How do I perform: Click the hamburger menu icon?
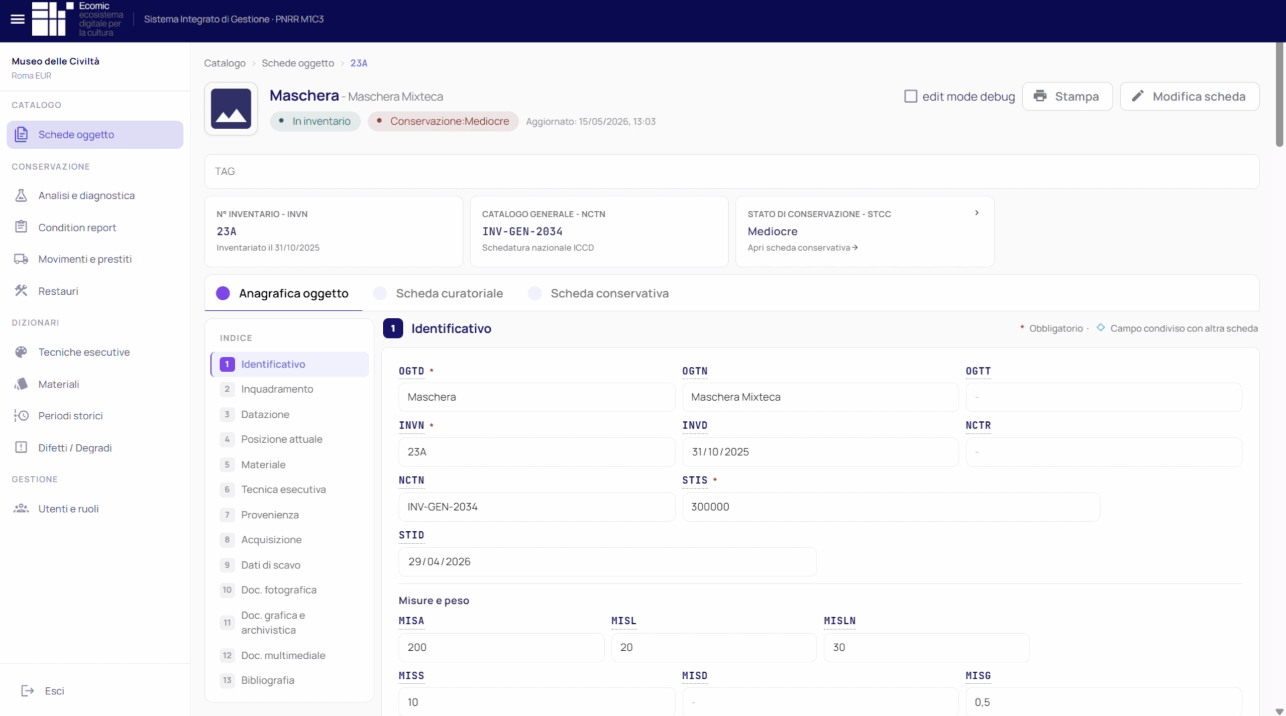(18, 19)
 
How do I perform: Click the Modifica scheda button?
(1189, 96)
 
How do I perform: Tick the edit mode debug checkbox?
(910, 96)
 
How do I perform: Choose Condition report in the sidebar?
(77, 227)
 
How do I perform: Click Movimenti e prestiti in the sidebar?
(85, 259)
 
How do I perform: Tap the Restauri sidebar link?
(58, 291)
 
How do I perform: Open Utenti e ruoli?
(68, 509)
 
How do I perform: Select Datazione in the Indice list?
(265, 414)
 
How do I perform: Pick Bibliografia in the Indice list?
(267, 680)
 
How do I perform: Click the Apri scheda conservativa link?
(802, 248)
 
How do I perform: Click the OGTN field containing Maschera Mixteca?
(820, 397)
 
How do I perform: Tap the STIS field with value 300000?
(891, 507)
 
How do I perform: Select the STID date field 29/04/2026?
(607, 562)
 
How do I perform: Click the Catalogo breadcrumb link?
(225, 63)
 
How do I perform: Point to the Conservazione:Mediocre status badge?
(443, 122)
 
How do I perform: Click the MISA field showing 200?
(501, 648)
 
